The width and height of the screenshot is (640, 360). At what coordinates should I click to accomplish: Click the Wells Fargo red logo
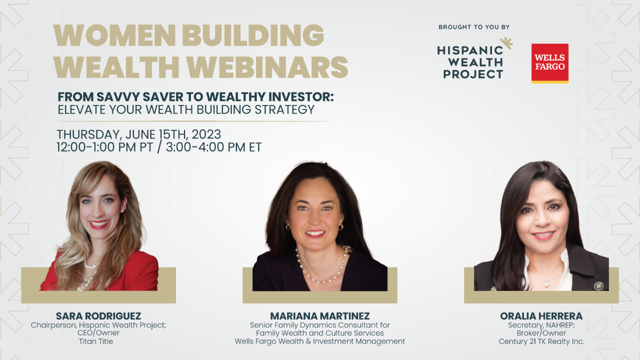pyautogui.click(x=549, y=62)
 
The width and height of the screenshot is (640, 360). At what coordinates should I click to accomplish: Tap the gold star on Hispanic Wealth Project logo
pyautogui.click(x=506, y=44)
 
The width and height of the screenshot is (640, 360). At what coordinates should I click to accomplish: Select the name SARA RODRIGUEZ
pyautogui.click(x=98, y=316)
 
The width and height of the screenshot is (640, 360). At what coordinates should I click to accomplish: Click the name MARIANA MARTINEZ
pyautogui.click(x=320, y=316)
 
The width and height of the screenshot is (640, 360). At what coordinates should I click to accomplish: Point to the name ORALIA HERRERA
pyautogui.click(x=541, y=316)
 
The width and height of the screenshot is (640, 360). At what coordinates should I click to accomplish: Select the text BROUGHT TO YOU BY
pyautogui.click(x=474, y=27)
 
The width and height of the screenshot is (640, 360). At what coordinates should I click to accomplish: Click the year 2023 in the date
pyautogui.click(x=206, y=134)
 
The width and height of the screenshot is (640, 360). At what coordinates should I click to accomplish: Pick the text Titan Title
pyautogui.click(x=96, y=341)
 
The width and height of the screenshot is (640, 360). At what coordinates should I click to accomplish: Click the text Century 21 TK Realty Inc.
pyautogui.click(x=541, y=341)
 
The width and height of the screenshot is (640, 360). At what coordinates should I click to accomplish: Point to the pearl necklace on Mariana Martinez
pyautogui.click(x=320, y=270)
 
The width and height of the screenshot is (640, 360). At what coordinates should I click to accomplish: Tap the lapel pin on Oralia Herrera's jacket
pyautogui.click(x=598, y=286)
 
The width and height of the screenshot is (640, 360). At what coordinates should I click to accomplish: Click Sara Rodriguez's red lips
pyautogui.click(x=99, y=224)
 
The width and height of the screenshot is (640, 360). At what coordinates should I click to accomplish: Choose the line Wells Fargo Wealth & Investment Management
pyautogui.click(x=320, y=341)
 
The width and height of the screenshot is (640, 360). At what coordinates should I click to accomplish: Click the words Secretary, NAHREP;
pyautogui.click(x=541, y=325)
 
